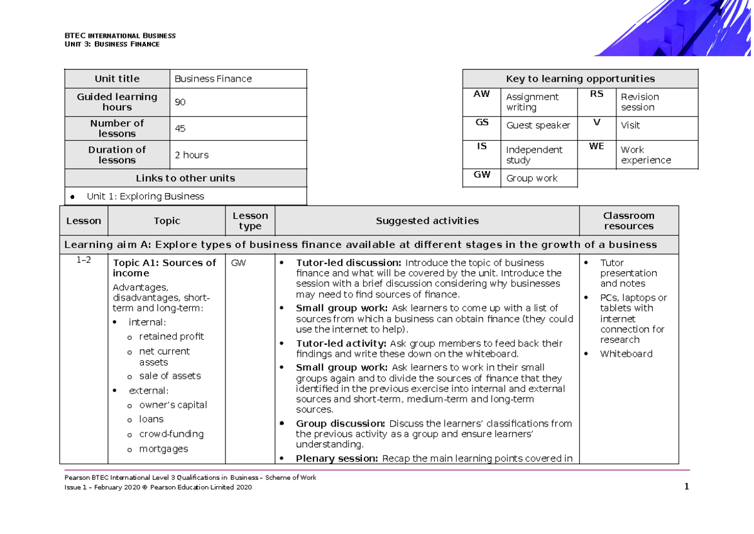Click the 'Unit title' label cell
tap(117, 79)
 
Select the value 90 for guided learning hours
tap(180, 102)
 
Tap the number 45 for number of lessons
tap(180, 128)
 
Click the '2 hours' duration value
tap(191, 155)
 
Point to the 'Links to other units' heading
tap(185, 178)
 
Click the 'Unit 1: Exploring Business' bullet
tap(145, 196)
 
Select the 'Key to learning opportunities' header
tap(580, 79)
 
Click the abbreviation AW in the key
tap(481, 94)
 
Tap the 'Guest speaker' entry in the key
tap(538, 125)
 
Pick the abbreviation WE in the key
tap(596, 147)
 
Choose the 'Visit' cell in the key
tap(630, 125)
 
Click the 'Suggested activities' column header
tap(427, 221)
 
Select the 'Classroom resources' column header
tap(628, 221)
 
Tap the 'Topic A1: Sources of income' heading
tap(164, 268)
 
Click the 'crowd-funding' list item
tap(171, 434)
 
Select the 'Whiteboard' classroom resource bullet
tap(626, 353)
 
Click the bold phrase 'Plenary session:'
tap(337, 458)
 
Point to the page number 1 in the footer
tap(687, 487)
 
